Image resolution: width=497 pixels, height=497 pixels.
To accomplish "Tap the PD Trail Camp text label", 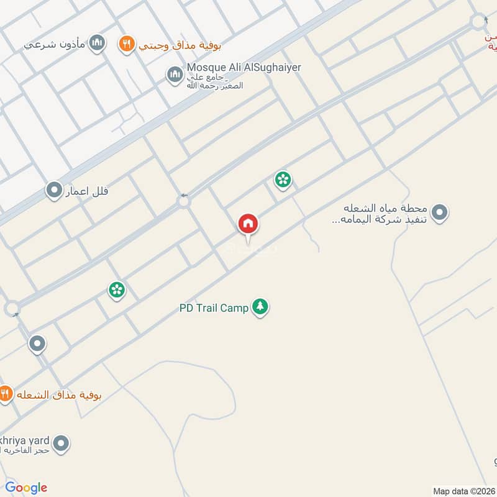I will pyautogui.click(x=213, y=308).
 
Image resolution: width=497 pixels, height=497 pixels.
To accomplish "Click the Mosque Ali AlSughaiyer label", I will pyautogui.click(x=244, y=67).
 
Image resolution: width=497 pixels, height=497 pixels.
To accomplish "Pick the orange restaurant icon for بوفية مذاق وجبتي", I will pyautogui.click(x=126, y=43).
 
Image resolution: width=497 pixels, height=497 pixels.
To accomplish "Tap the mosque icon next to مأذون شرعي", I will pyautogui.click(x=96, y=43).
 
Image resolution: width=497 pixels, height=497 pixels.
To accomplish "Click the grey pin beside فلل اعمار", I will pyautogui.click(x=54, y=190).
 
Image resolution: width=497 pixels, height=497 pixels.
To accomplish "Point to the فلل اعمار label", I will pyautogui.click(x=87, y=190).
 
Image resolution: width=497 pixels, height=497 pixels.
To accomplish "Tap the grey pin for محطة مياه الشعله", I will pyautogui.click(x=440, y=213).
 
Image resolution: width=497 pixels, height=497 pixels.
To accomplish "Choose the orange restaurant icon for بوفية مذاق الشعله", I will pyautogui.click(x=5, y=394).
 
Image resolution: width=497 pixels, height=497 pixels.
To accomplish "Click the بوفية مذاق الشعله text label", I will pyautogui.click(x=59, y=395).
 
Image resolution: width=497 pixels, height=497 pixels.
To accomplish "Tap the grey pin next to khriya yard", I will pyautogui.click(x=61, y=444).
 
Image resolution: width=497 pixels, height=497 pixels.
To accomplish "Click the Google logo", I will pyautogui.click(x=26, y=488).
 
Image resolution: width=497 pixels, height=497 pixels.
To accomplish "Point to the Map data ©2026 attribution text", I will pyautogui.click(x=463, y=491).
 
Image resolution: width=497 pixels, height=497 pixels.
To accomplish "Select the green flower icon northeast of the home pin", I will pyautogui.click(x=283, y=180).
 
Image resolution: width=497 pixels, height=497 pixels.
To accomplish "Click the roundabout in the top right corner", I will pyautogui.click(x=478, y=22).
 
